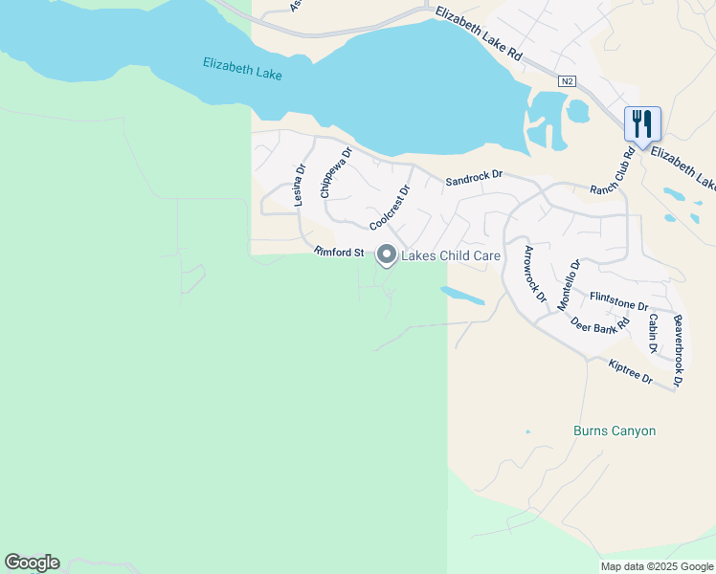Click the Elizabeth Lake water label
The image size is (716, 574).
click(242, 68)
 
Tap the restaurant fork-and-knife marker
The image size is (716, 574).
click(642, 123)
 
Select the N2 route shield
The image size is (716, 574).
click(568, 82)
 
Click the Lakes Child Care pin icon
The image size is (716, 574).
click(387, 254)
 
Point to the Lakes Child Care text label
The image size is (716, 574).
click(450, 255)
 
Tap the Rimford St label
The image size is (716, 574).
click(340, 253)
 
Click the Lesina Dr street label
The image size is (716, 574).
click(299, 184)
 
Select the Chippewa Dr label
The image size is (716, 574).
click(336, 172)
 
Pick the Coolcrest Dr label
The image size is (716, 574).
click(390, 208)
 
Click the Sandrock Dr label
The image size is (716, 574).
click(474, 177)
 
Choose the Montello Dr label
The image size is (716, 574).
click(570, 283)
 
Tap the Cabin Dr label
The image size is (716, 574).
click(653, 333)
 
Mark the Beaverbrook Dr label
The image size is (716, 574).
click(678, 350)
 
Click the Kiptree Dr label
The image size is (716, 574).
click(630, 372)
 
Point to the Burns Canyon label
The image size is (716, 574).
click(615, 430)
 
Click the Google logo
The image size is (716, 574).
click(32, 563)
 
